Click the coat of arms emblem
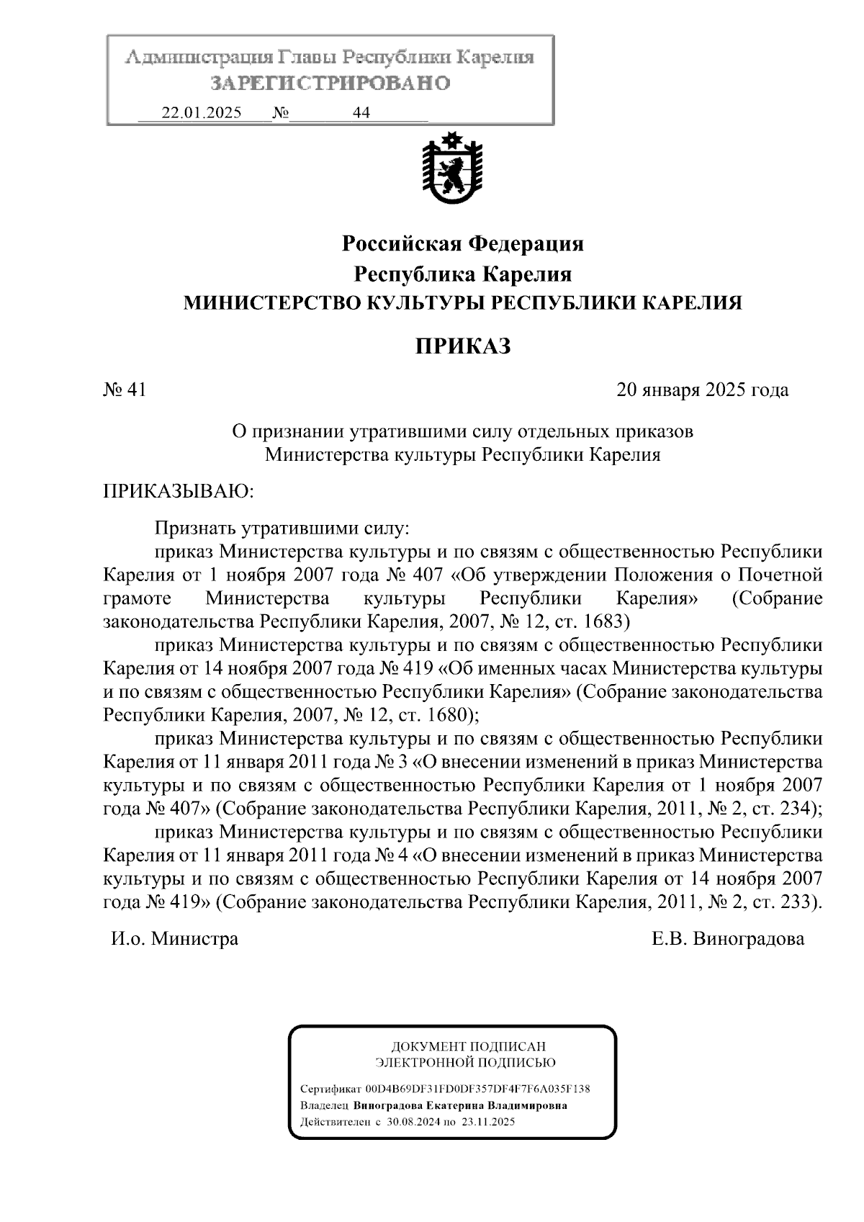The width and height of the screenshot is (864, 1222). click(452, 170)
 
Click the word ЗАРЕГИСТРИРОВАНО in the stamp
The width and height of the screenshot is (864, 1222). click(330, 84)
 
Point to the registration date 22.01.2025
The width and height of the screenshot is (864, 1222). click(202, 113)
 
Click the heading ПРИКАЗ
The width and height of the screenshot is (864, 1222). click(463, 346)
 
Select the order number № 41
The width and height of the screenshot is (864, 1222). click(125, 390)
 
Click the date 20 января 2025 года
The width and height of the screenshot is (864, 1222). click(702, 390)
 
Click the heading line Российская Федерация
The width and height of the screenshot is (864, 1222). click(462, 244)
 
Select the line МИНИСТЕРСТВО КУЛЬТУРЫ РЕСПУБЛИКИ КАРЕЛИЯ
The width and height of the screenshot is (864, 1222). click(462, 303)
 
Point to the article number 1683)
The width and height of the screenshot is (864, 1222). click(608, 621)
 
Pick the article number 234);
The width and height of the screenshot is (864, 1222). click(801, 808)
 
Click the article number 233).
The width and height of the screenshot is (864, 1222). click(800, 902)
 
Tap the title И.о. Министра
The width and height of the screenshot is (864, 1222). click(174, 939)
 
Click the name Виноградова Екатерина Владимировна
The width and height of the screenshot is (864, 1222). click(460, 1105)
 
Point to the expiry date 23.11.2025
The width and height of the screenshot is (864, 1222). click(492, 1122)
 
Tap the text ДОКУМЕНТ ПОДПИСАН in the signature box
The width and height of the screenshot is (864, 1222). click(468, 1046)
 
